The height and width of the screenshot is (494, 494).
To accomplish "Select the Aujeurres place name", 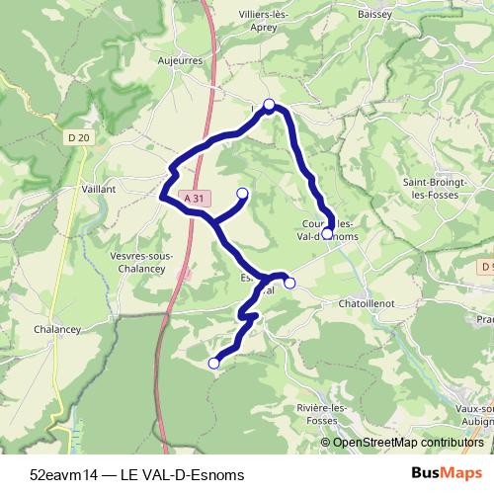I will pyautogui.click(x=180, y=59).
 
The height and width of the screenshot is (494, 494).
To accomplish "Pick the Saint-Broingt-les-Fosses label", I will pyautogui.click(x=441, y=188).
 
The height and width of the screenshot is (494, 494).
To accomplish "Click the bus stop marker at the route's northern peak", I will pyautogui.click(x=269, y=104).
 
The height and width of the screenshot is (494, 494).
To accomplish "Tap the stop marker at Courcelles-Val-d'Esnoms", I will pyautogui.click(x=328, y=234).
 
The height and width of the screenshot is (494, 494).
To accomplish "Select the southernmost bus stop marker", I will pyautogui.click(x=212, y=364).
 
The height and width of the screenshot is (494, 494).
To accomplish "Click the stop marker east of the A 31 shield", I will pyautogui.click(x=242, y=194).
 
